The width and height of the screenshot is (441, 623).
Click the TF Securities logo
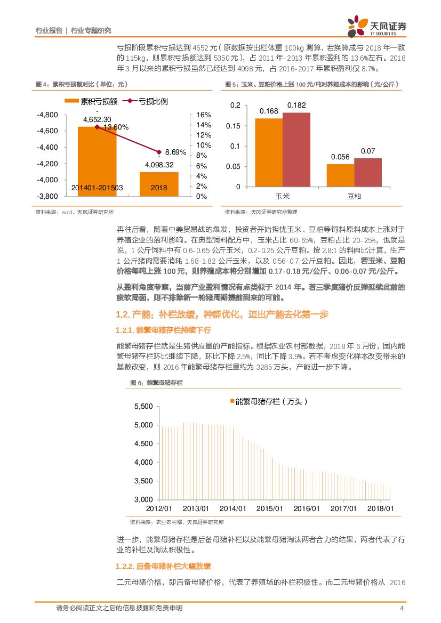pos(375,26)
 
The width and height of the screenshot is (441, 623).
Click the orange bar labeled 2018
pos(158,184)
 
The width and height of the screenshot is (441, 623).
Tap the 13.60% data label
pos(116,127)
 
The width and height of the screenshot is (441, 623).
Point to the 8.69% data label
pos(175,152)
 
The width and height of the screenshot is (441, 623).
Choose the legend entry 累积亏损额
pos(91,101)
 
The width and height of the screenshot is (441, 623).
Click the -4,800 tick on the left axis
pos(48,115)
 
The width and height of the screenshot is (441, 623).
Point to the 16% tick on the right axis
pos(204,115)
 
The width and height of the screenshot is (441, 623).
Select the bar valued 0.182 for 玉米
pos(296,150)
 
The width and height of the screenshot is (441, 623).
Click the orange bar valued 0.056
pos(340,175)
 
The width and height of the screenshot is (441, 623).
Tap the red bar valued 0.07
pos(368,173)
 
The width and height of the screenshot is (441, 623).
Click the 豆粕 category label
pos(354,196)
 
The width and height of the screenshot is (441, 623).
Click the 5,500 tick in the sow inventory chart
pos(143,407)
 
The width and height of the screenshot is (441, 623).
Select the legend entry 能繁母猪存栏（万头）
pos(269,401)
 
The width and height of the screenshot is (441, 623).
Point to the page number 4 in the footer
pos(402,609)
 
